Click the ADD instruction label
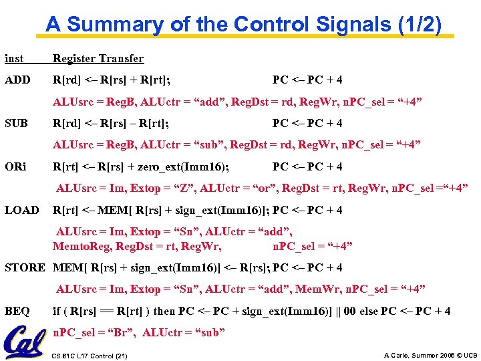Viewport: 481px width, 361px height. click(17, 80)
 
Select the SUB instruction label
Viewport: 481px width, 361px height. click(16, 124)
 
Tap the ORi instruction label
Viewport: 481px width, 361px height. click(15, 166)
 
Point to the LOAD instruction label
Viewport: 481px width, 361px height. click(22, 210)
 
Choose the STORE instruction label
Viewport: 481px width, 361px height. click(25, 267)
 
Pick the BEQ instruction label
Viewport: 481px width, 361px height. click(17, 311)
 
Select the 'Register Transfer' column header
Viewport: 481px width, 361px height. click(98, 59)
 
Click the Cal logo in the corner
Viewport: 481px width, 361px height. click(25, 342)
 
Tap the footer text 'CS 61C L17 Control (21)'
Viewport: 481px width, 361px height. click(89, 354)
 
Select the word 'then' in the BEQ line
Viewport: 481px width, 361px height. click(164, 311)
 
